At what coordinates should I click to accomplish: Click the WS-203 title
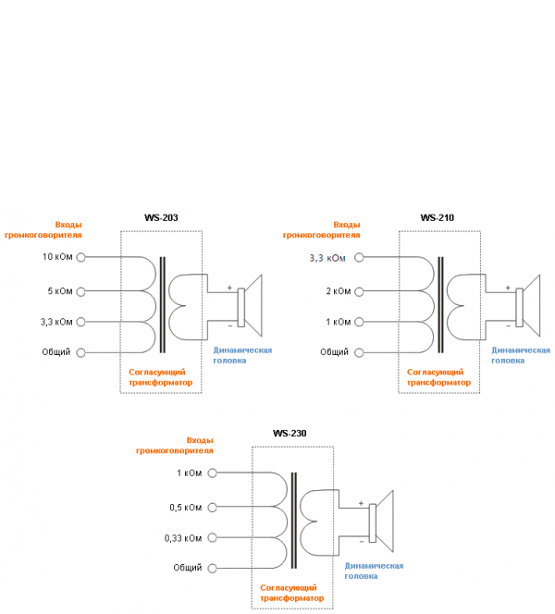pos(160,218)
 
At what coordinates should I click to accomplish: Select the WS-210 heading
pos(437,218)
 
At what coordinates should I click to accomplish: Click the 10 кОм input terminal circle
pos(80,257)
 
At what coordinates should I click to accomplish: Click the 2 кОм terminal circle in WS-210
pos(359,291)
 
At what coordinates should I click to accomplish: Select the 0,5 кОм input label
pos(185,507)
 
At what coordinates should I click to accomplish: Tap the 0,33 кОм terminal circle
pos(212,537)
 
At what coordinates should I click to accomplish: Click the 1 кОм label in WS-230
pos(189,473)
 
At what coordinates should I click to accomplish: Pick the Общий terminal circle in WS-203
pos(80,352)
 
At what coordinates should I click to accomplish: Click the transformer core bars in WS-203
pos(163,304)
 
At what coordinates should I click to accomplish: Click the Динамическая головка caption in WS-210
pos(520,355)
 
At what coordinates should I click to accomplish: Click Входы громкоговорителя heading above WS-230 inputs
pos(175,445)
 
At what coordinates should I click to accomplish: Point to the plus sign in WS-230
pos(362,503)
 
